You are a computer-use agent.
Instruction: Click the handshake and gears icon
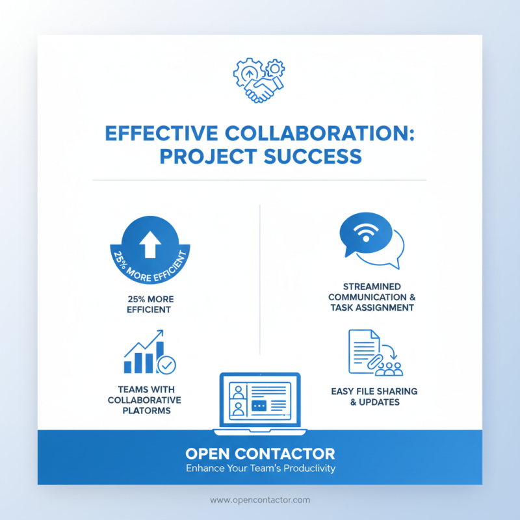click(x=259, y=80)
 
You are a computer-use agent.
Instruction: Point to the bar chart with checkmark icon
click(x=148, y=354)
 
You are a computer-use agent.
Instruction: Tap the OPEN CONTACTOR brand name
click(x=260, y=453)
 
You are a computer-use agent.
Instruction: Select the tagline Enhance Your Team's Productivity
click(x=260, y=468)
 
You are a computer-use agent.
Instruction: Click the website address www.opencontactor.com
click(x=260, y=500)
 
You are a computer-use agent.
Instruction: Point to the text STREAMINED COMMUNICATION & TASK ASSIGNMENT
click(x=371, y=297)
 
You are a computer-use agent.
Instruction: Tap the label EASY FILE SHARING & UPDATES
click(x=374, y=396)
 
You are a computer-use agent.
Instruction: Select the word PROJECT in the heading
click(x=205, y=157)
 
